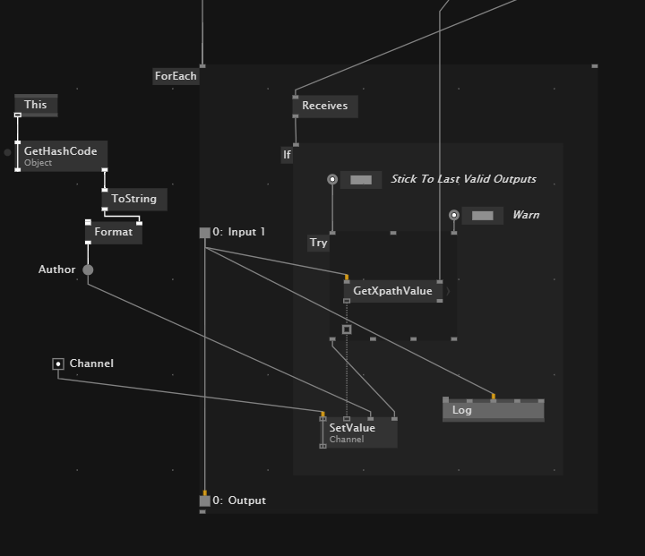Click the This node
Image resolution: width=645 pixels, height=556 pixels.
click(x=36, y=105)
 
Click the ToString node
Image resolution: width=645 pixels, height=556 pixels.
click(x=133, y=199)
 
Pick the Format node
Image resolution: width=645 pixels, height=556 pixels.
click(x=113, y=232)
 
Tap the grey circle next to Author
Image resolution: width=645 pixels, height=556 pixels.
click(x=88, y=269)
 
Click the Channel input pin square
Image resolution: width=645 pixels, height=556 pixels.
click(x=58, y=364)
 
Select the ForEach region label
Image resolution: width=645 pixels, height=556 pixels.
click(x=176, y=76)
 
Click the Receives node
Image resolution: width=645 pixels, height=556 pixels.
click(x=324, y=106)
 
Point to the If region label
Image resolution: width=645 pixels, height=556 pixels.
click(x=287, y=155)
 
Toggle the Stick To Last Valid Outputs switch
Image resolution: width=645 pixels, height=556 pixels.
click(x=360, y=180)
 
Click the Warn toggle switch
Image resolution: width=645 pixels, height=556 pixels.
click(x=482, y=216)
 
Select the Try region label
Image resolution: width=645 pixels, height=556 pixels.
click(x=318, y=243)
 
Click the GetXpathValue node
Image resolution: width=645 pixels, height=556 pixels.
click(x=392, y=291)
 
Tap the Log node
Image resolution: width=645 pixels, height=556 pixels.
click(x=493, y=410)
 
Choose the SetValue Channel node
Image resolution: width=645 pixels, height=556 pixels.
click(x=358, y=432)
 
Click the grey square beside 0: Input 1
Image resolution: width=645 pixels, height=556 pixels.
click(x=204, y=233)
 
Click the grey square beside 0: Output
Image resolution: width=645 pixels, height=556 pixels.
click(x=204, y=501)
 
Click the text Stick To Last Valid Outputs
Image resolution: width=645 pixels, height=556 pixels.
click(x=463, y=179)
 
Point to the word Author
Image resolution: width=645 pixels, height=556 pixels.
click(x=57, y=269)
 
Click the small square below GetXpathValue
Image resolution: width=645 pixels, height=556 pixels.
click(x=347, y=329)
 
